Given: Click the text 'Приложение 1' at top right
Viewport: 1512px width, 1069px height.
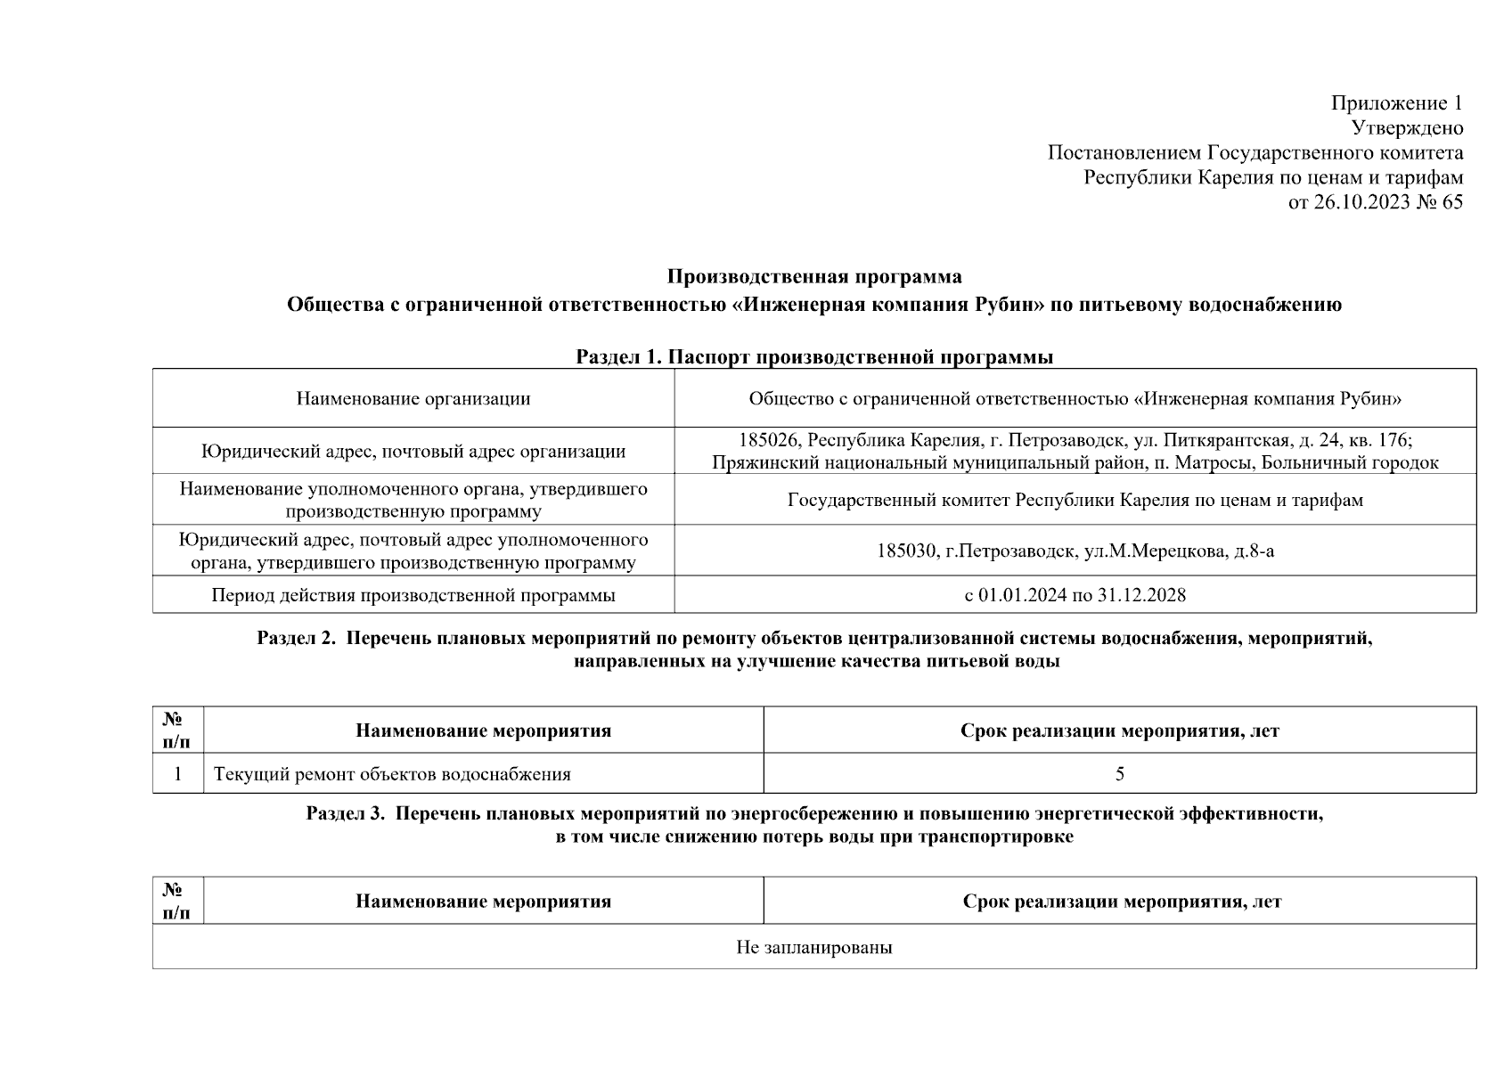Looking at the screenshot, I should click(1396, 103).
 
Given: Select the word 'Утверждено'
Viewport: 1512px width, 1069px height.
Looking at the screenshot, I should click(1407, 128).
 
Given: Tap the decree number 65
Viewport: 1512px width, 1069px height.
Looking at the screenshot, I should click(1451, 202).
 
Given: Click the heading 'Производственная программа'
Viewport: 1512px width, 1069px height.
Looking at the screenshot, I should click(814, 276).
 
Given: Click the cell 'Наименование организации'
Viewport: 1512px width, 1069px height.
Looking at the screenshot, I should click(413, 398).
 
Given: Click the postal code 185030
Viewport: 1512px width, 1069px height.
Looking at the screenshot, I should click(906, 551).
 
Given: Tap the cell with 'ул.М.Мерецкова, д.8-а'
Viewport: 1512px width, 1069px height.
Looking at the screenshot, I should click(1178, 551).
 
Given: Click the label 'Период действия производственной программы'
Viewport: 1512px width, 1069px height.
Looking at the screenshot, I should click(413, 595).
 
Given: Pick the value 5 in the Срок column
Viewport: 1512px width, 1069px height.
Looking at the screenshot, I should click(1120, 774).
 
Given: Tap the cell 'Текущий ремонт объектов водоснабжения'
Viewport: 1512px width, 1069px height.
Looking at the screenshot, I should click(392, 774).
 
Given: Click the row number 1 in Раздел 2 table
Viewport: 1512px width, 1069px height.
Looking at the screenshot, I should click(178, 774).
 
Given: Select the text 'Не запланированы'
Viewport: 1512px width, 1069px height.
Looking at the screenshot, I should click(814, 947).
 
